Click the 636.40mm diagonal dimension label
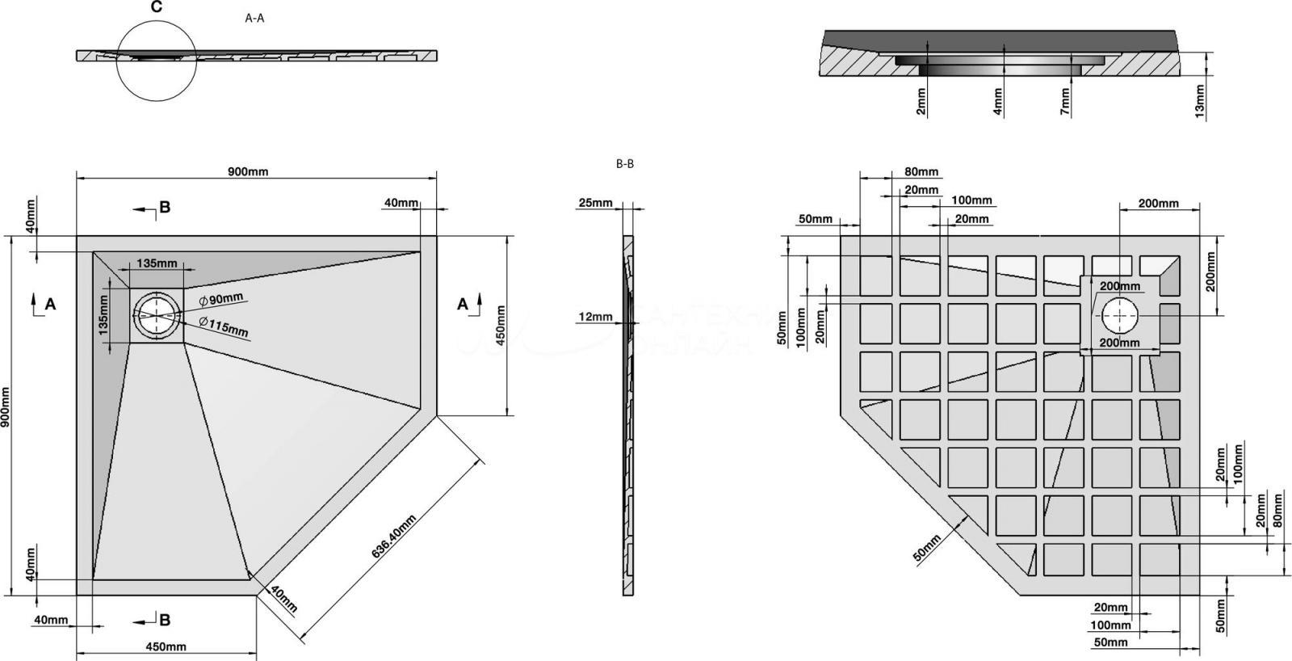coord(394,537)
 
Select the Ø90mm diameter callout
coord(221,299)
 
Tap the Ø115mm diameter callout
coord(224,327)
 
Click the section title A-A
coord(254,18)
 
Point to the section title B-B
coord(625,164)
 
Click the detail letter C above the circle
coord(157,8)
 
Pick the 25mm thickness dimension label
coord(595,202)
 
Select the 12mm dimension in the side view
coord(595,317)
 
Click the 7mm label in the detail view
coord(1065,103)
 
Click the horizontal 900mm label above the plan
coord(248,171)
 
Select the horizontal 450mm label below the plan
coord(166,646)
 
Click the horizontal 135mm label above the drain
coord(157,263)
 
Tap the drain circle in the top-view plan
coord(157,315)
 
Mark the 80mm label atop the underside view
coord(921,171)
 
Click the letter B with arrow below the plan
coord(164,620)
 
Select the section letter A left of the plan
coord(50,305)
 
